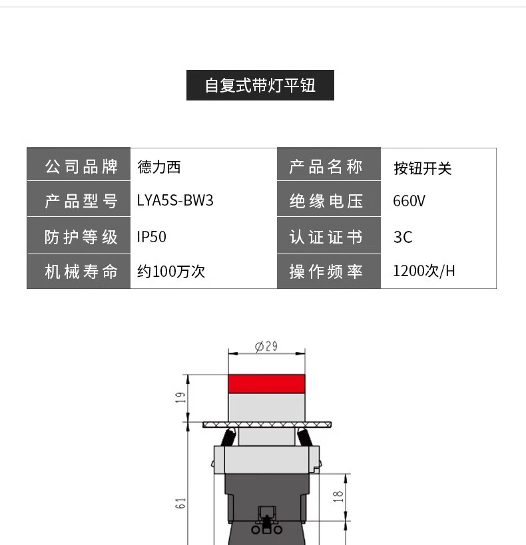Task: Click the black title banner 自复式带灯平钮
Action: coord(260,85)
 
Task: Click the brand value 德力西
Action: coord(158,166)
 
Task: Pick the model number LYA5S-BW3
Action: coord(175,201)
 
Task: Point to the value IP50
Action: coord(151,236)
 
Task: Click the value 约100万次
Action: coord(170,272)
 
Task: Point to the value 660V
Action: coord(409,201)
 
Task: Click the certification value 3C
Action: coord(403,237)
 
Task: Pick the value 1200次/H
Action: coord(424,272)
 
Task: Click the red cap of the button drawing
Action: coord(266,383)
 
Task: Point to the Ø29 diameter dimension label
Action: coord(266,346)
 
